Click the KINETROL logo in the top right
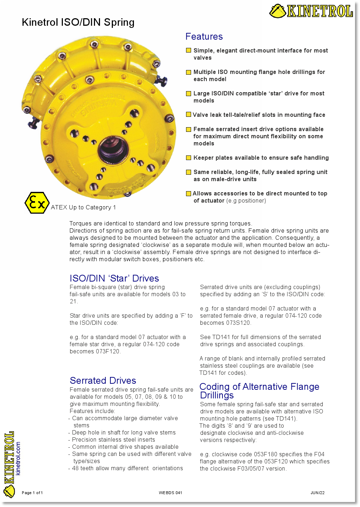311,11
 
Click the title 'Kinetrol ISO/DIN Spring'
78,22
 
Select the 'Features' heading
204,36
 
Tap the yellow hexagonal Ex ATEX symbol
37,203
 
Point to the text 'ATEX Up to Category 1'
83,208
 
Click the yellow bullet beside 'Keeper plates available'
189,158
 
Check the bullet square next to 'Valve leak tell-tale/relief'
189,115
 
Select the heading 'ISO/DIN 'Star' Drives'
114,278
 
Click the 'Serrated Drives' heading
103,381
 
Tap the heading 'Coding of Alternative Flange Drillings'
259,391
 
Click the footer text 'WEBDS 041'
170,493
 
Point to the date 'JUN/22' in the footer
317,493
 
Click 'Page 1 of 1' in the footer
32,493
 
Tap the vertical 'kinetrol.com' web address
18,458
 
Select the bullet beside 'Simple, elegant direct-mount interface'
189,50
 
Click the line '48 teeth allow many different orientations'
127,468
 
